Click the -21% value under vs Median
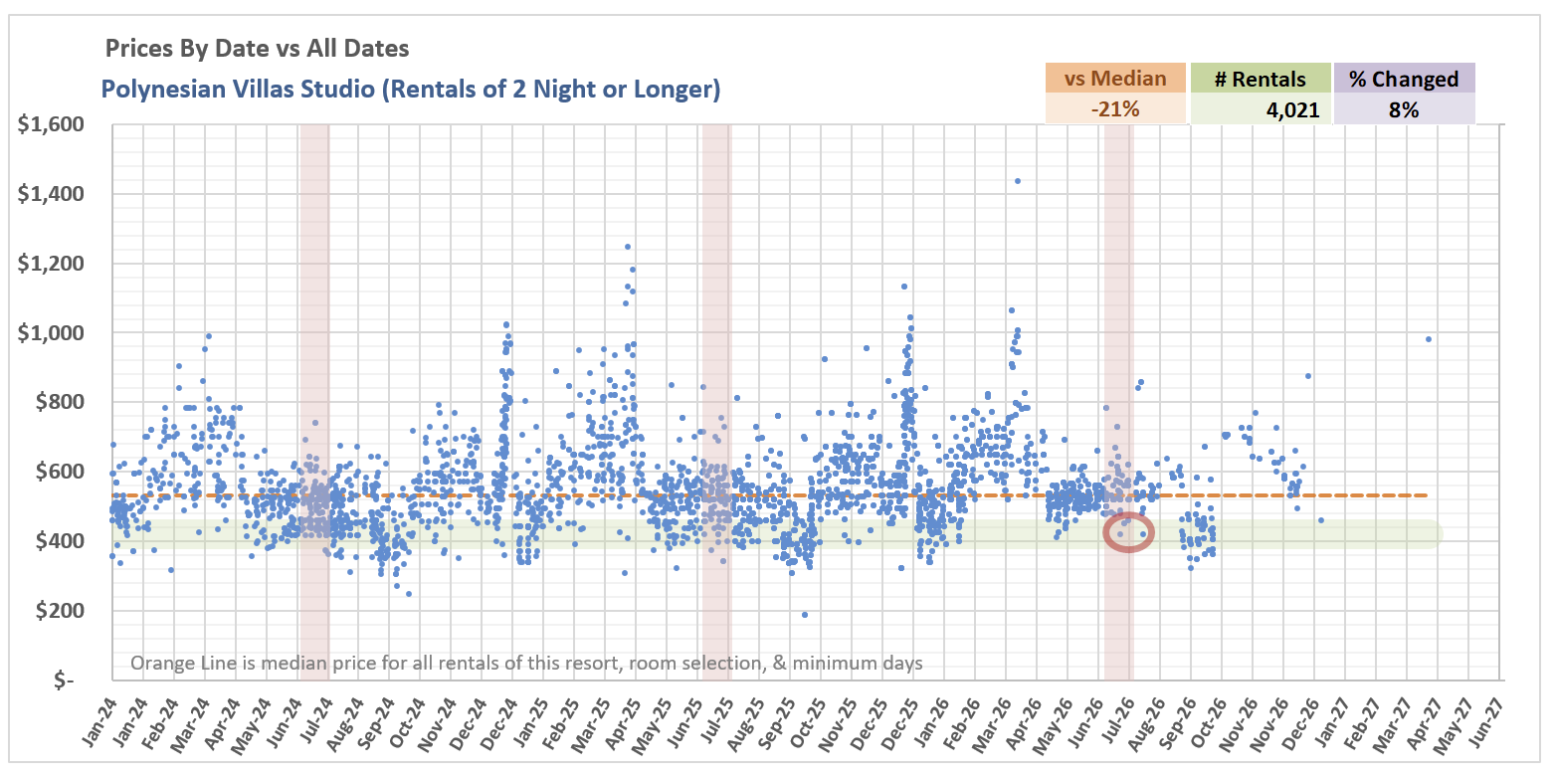(x=1114, y=109)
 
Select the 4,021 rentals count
(x=1292, y=109)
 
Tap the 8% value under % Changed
(x=1404, y=109)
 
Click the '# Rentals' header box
(x=1261, y=79)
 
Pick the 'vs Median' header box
(x=1115, y=79)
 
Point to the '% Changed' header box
(x=1404, y=79)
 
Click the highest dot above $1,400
(x=1017, y=181)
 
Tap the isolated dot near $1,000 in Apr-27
(x=1428, y=339)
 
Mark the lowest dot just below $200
(x=805, y=615)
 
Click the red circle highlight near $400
(x=1129, y=533)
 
